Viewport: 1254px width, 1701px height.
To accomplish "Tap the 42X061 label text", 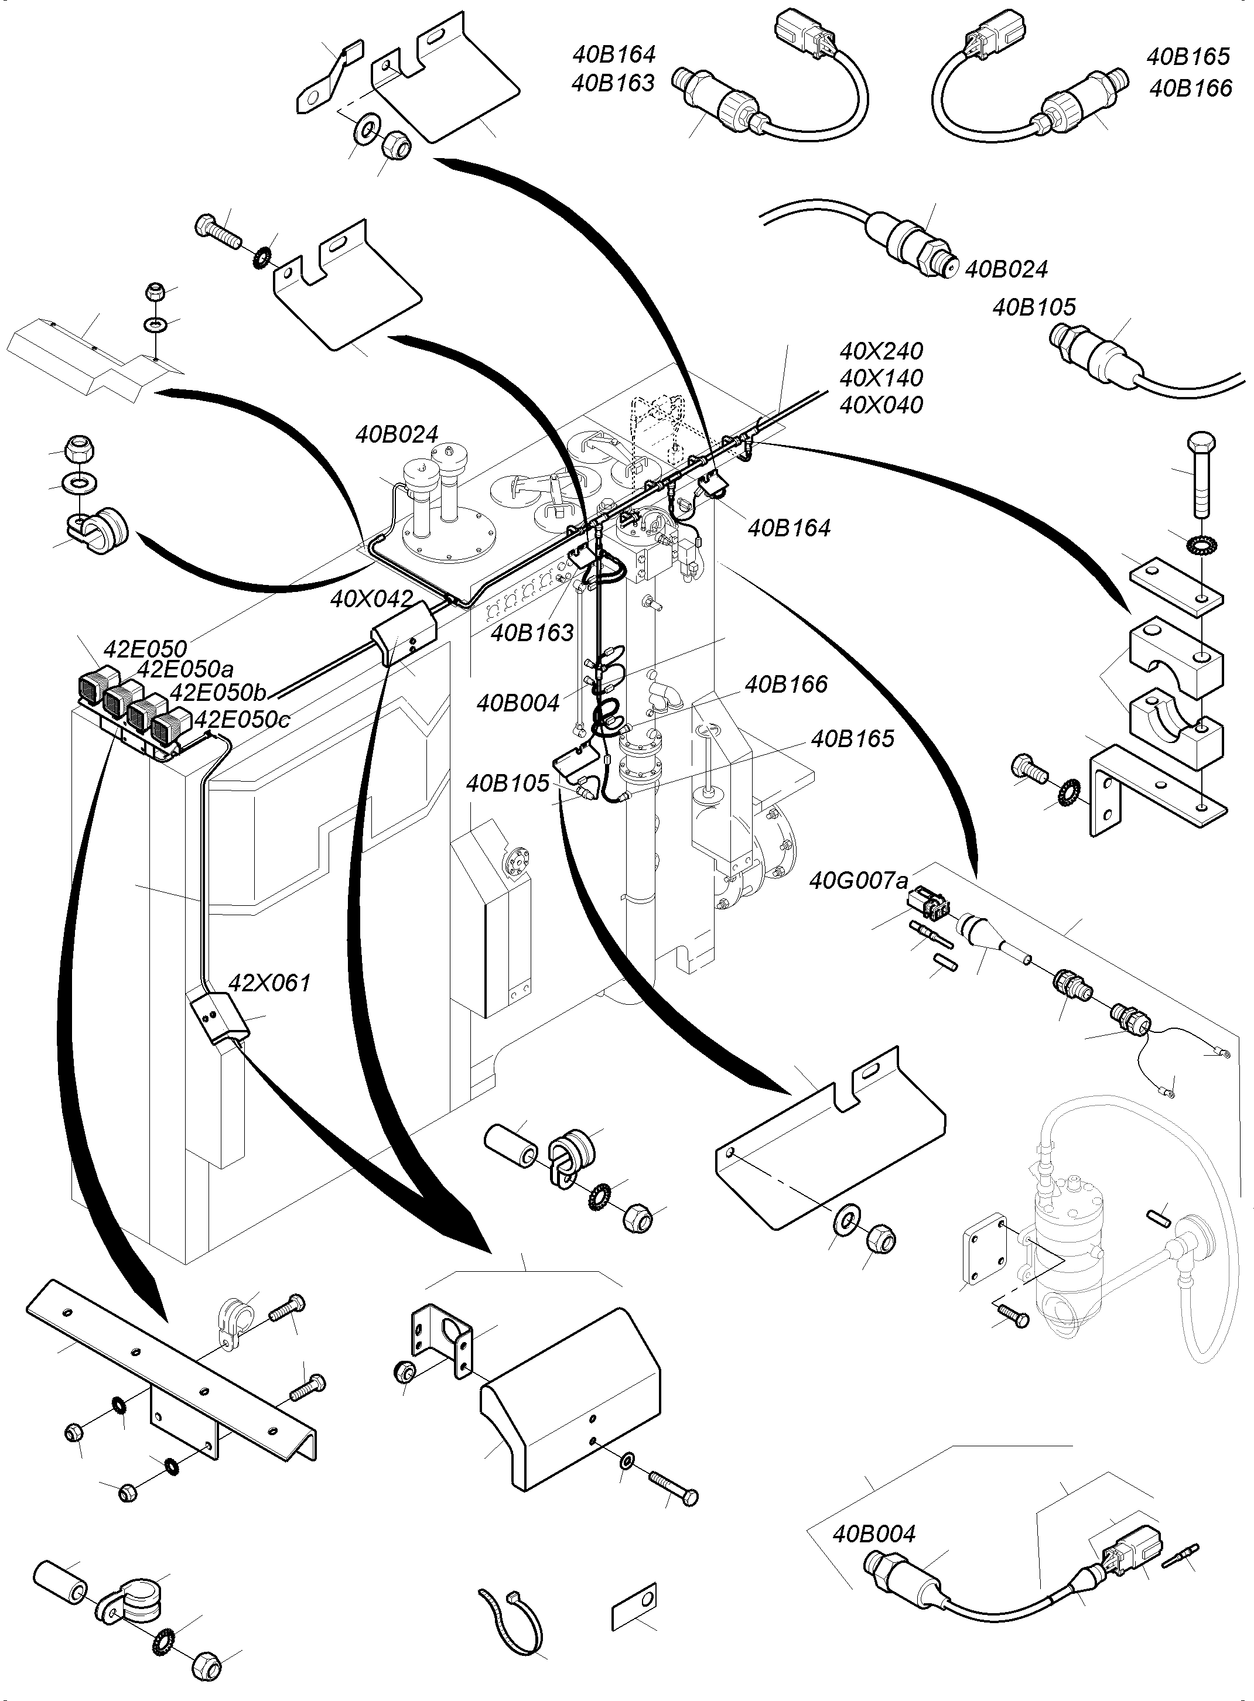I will [269, 983].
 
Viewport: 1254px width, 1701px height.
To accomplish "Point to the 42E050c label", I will [242, 719].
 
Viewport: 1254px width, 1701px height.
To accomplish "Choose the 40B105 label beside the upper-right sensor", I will [1034, 307].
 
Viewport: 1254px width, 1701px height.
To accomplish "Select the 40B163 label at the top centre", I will [613, 83].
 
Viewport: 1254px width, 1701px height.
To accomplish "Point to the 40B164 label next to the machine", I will [789, 528].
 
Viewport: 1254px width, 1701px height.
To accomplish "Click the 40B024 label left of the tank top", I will [397, 434].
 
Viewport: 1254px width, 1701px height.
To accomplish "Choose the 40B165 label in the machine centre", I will [852, 738].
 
